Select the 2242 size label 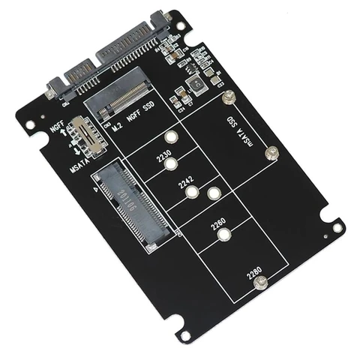click(186, 182)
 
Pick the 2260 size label click(217, 222)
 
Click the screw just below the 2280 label click(260, 283)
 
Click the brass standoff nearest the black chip click(229, 97)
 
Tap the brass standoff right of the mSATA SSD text click(271, 154)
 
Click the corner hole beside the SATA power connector click(181, 26)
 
